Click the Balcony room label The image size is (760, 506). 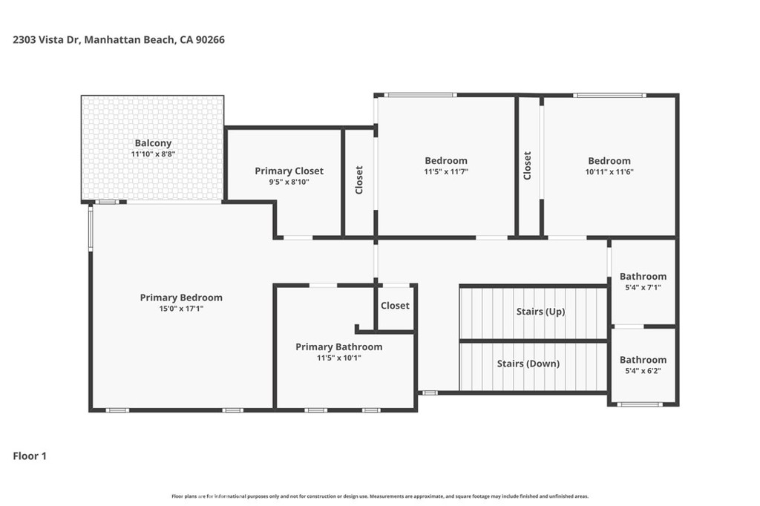(x=153, y=143)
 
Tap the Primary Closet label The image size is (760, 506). (x=289, y=171)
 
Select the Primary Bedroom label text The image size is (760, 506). (x=181, y=298)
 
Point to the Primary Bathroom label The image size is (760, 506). (x=338, y=346)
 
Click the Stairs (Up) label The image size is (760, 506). (x=540, y=312)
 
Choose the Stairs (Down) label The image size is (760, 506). (x=528, y=364)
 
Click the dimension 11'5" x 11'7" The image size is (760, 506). (x=446, y=171)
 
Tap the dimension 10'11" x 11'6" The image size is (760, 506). (x=609, y=171)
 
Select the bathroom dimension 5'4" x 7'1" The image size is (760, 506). (x=643, y=287)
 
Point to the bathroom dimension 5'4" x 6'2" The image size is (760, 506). (x=643, y=370)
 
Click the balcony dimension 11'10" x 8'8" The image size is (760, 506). (x=153, y=154)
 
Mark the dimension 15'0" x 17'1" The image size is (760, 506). (x=181, y=308)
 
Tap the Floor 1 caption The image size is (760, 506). (x=30, y=456)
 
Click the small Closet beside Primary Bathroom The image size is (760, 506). (x=395, y=306)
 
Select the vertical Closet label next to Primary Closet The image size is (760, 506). (x=359, y=180)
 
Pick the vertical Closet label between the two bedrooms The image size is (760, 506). (x=528, y=165)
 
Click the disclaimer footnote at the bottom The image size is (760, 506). (x=380, y=496)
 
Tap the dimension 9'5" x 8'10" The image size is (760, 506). (x=289, y=181)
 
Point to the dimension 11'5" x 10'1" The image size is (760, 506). (x=338, y=357)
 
